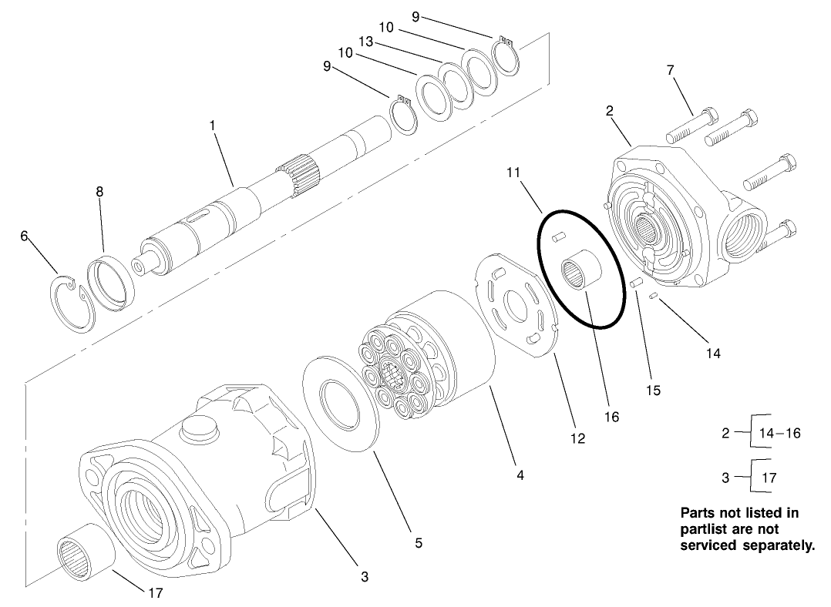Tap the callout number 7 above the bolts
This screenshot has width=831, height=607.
670,70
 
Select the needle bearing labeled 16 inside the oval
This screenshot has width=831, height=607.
579,270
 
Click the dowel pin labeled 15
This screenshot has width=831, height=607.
636,283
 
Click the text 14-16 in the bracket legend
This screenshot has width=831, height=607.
781,433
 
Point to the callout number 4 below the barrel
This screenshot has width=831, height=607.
520,476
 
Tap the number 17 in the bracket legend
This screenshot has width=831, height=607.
769,478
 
